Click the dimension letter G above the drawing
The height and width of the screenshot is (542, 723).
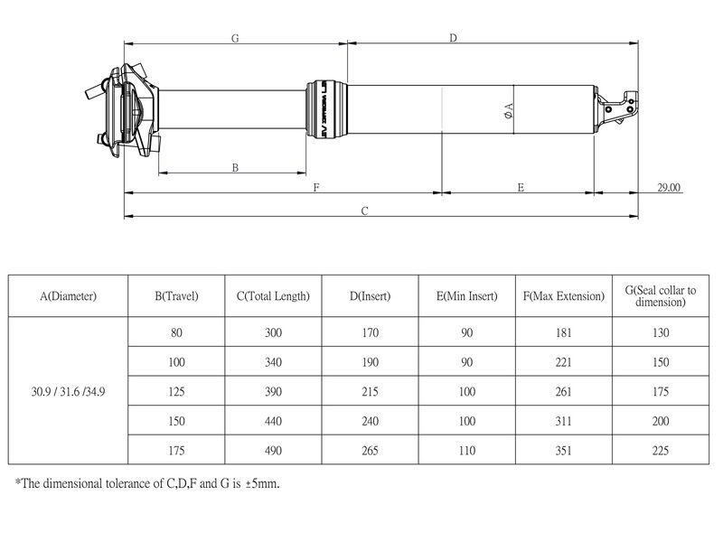coord(235,38)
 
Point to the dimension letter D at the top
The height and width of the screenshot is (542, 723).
coord(454,38)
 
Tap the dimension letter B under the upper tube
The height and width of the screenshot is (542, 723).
coord(235,167)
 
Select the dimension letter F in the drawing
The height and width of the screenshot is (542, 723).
coord(316,188)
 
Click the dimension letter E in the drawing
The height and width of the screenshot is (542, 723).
coord(521,188)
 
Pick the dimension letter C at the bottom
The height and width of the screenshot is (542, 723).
coord(365,211)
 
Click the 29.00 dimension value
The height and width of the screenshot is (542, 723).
coord(669,188)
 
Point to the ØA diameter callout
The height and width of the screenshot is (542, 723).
coord(509,110)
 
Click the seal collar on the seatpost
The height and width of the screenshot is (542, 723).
coord(326,109)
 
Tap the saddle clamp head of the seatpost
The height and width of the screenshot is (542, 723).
coord(124,110)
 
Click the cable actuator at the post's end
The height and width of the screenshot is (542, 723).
coord(616,108)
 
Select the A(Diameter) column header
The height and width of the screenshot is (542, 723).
coord(69,296)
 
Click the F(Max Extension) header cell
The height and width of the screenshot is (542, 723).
coord(564,296)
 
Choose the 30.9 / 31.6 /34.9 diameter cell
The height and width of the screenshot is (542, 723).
coord(69,392)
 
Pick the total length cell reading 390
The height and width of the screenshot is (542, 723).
coord(274,392)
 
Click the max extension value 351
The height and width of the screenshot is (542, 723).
coord(564,451)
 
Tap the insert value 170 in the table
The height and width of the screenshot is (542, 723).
coord(371,332)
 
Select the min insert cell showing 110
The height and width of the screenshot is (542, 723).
coord(467,451)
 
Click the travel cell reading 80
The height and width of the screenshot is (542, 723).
coord(176,332)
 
